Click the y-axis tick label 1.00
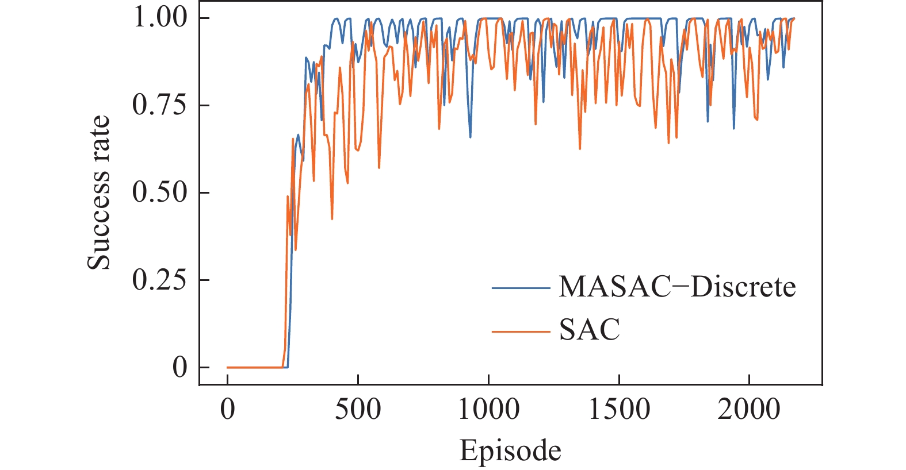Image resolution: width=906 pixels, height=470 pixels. click(160, 17)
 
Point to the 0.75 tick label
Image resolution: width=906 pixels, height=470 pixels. click(160, 105)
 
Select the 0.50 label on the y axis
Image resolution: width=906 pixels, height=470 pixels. click(160, 192)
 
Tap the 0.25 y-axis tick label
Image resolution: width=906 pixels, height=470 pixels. click(160, 280)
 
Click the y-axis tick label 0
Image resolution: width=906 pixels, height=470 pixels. click(179, 367)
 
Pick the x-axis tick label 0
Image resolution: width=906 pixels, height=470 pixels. click(228, 410)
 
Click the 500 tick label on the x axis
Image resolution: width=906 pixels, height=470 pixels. click(358, 410)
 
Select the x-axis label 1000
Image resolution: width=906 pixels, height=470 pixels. click(488, 410)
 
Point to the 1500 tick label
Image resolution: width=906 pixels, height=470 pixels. click(619, 410)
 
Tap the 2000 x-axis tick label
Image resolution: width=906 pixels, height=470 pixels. click(749, 410)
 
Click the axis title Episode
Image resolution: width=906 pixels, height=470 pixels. click(510, 450)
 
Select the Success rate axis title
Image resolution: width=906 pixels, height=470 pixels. click(98, 192)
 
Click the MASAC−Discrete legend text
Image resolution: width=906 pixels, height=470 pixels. click(677, 286)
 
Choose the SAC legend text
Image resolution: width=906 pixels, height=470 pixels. click(590, 330)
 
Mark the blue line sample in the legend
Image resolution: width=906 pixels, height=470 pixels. click(521, 287)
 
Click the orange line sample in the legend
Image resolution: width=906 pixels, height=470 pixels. click(521, 331)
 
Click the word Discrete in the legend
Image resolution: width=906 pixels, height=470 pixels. click(743, 286)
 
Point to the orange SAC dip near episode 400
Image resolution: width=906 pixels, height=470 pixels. click(332, 218)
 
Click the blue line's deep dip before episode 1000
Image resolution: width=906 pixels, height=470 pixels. click(471, 137)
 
